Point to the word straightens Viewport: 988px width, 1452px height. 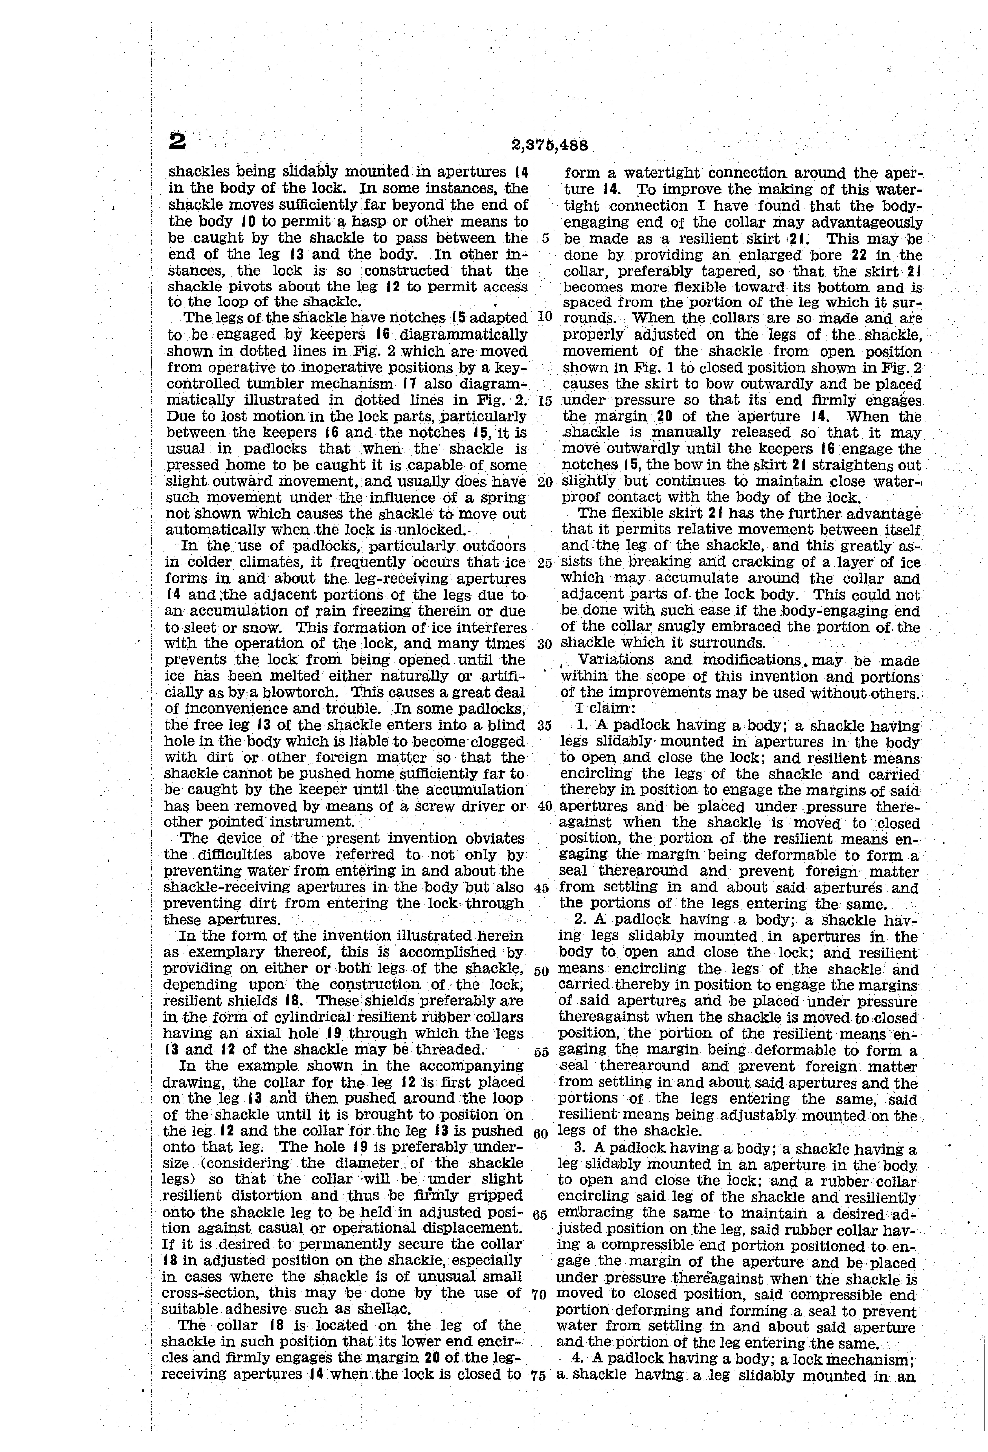coord(851,465)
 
